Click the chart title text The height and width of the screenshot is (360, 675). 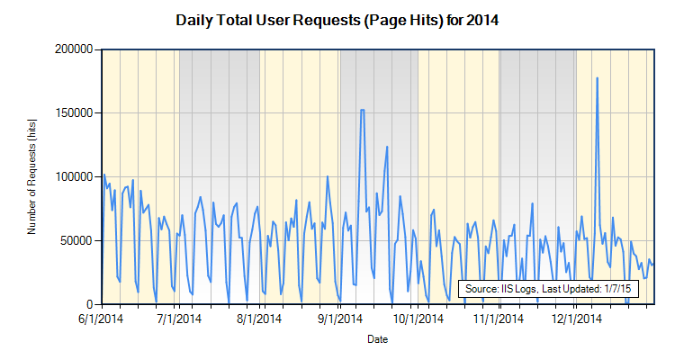click(x=337, y=19)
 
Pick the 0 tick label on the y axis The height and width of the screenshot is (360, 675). click(x=92, y=304)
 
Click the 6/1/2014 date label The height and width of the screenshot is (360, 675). click(x=102, y=317)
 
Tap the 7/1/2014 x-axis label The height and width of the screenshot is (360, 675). click(x=179, y=317)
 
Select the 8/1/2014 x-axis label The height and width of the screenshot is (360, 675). click(x=259, y=317)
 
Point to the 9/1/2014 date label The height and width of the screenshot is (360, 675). click(x=339, y=317)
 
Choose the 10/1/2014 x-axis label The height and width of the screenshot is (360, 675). click(x=417, y=317)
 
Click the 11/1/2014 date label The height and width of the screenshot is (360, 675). click(x=498, y=317)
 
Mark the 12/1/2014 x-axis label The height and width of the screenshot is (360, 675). click(x=575, y=317)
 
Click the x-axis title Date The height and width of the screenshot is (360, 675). click(x=377, y=339)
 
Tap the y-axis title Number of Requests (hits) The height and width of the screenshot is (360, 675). click(x=31, y=177)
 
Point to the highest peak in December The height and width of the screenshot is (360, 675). click(x=597, y=78)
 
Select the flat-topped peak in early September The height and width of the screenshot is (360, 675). click(x=362, y=110)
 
